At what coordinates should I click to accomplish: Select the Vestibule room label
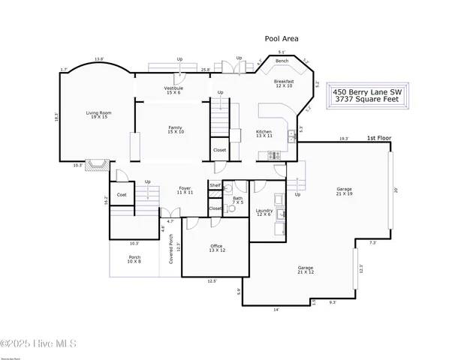point(173,90)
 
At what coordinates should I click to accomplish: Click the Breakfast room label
point(284,83)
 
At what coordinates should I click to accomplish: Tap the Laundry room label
point(264,213)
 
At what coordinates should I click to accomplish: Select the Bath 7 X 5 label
point(238,201)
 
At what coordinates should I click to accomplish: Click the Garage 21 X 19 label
point(345,191)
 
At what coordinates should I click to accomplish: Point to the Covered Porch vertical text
point(171,249)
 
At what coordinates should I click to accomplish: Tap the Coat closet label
point(121,195)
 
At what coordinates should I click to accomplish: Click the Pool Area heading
point(282,37)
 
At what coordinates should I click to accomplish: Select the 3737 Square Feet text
point(369,98)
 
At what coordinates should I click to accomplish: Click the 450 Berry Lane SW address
point(369,90)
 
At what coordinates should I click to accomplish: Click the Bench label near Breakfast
point(282,61)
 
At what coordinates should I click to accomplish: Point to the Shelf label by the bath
point(215,185)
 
